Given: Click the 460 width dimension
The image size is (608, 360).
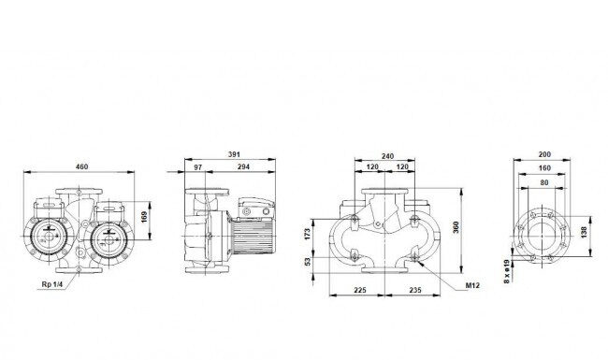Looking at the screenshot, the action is coord(81,166).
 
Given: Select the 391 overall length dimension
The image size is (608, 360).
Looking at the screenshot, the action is coord(234,154).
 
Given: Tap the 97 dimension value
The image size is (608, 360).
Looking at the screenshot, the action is coord(197,167).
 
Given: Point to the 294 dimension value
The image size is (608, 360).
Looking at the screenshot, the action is coord(243,167).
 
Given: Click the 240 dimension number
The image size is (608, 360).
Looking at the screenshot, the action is coord(387,156).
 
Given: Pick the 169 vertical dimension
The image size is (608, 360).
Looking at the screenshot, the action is coord(144,217).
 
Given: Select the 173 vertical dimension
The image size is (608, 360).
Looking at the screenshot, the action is coord(308,234).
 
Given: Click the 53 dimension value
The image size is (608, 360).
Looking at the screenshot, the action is coord(308,262).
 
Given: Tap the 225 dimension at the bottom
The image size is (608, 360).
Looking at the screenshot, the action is coord(360,290).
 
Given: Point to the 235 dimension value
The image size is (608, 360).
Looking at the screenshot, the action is coord(415,290).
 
